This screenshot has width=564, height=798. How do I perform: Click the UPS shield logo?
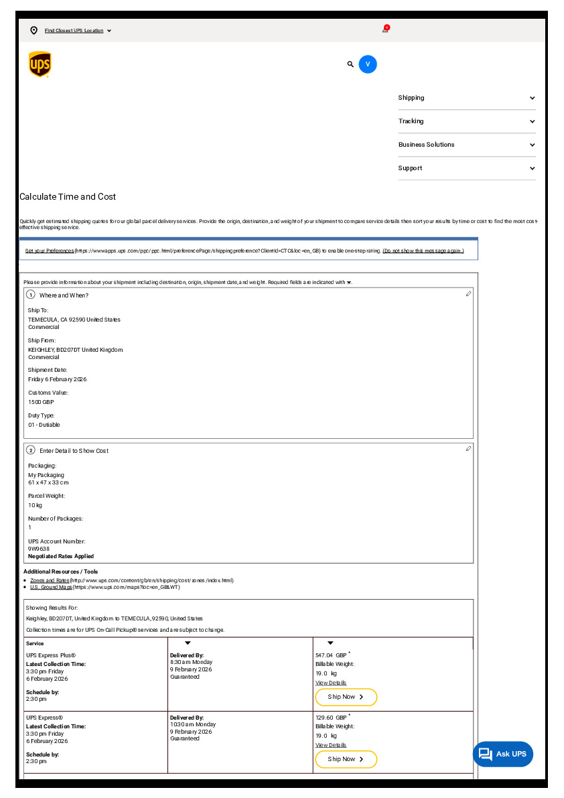[40, 64]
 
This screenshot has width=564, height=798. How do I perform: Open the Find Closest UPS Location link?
[74, 31]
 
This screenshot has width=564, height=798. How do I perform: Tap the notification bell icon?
[386, 29]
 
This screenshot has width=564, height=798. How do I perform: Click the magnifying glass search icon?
[350, 64]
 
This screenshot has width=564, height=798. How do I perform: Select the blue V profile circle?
[368, 64]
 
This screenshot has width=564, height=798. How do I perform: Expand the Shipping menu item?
[466, 98]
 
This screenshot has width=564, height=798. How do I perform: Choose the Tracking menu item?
[466, 121]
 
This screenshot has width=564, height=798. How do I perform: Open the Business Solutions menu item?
[466, 145]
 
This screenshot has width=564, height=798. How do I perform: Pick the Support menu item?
[466, 168]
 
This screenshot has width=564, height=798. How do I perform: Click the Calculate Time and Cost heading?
[68, 197]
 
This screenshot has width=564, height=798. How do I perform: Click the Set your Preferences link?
[50, 251]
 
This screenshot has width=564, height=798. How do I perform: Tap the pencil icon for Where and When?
[469, 293]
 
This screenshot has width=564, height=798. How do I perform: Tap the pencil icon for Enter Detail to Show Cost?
[469, 448]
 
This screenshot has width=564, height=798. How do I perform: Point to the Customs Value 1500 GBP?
[41, 402]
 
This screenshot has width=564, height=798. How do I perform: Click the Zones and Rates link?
[50, 580]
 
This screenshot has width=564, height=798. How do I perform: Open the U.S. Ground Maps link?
[51, 587]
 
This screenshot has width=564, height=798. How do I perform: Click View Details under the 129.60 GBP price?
[331, 745]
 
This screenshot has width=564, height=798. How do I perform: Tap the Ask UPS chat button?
[503, 754]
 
